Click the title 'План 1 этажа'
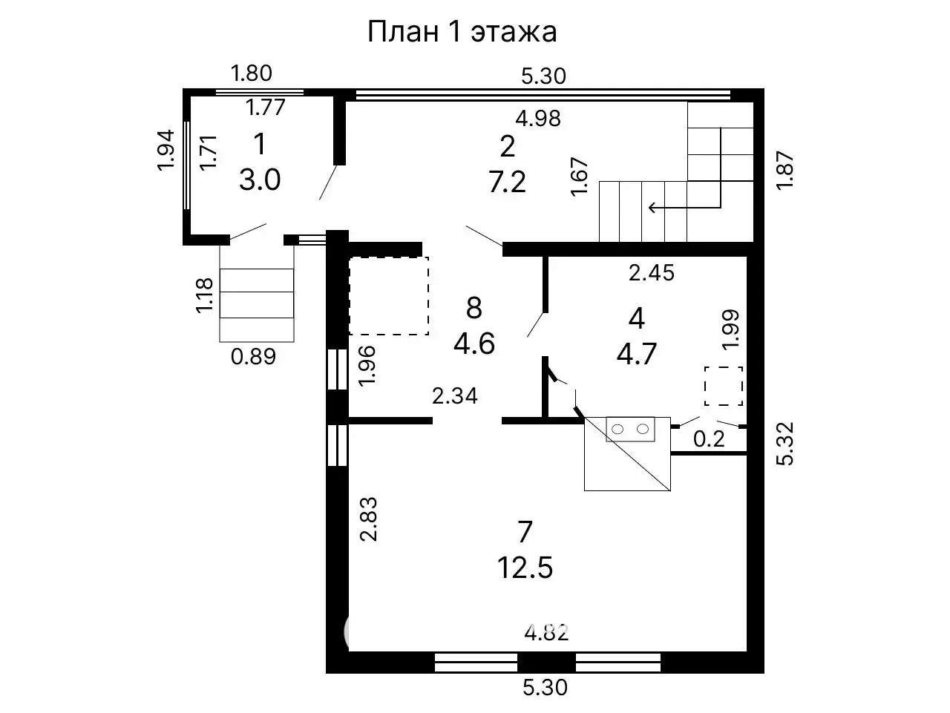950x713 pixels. click(462, 32)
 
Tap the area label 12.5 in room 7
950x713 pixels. click(525, 568)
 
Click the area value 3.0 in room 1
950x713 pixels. click(260, 179)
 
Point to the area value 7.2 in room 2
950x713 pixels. click(507, 181)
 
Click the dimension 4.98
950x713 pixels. click(538, 118)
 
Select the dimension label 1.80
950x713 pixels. click(252, 73)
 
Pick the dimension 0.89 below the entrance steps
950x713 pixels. click(253, 357)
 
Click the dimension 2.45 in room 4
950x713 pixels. click(651, 273)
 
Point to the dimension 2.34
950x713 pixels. click(455, 396)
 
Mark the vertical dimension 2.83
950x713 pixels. click(369, 519)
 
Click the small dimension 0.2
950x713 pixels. click(708, 439)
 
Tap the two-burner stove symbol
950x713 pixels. click(631, 428)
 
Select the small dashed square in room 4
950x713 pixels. click(723, 386)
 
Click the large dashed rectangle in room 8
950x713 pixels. click(389, 295)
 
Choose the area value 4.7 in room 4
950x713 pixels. click(636, 353)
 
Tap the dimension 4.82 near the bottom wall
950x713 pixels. click(546, 633)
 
